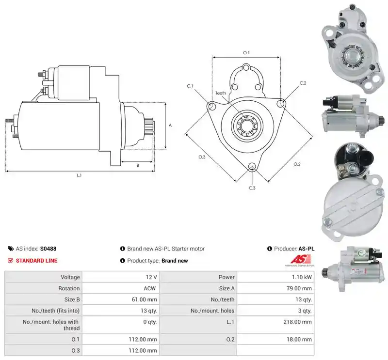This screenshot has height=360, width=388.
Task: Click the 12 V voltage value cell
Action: [151, 277]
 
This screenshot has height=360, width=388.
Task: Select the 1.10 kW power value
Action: [302, 277]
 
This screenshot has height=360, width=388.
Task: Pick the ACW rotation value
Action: [150, 288]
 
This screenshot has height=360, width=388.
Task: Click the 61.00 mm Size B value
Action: [144, 299]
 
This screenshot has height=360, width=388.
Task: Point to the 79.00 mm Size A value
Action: [299, 288]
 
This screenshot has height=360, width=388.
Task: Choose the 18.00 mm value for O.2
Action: [299, 340]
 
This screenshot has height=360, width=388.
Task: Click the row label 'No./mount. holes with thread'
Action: [51, 325]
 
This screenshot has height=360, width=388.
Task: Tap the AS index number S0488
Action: [48, 249]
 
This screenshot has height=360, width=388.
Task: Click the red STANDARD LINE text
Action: [37, 261]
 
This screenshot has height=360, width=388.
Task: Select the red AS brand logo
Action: [300, 260]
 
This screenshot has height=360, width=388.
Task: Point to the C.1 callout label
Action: [190, 86]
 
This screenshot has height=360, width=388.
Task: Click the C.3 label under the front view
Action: [252, 188]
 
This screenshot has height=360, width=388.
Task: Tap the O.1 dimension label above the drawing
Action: [246, 53]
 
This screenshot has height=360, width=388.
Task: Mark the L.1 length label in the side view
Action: [79, 175]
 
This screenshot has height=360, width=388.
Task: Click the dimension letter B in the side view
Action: [138, 165]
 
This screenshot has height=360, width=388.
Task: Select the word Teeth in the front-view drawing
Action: [221, 93]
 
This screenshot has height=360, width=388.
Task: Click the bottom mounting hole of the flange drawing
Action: [252, 166]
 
